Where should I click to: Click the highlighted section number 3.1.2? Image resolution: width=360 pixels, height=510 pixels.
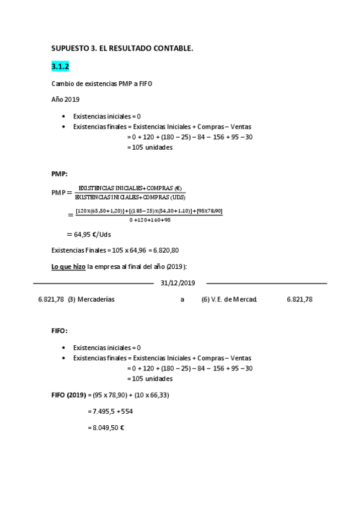pos(61,67)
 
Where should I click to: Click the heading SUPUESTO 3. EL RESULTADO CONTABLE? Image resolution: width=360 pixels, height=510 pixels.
pos(123,49)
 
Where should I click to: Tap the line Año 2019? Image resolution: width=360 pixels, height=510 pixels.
pos(66,99)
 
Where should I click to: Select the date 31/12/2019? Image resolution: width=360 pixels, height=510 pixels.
pos(178,283)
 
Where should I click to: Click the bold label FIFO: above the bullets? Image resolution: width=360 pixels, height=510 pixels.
pos(60,331)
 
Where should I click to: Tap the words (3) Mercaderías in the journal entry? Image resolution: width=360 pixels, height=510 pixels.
pos(91,299)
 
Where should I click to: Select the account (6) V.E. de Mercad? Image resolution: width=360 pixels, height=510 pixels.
pos(230,299)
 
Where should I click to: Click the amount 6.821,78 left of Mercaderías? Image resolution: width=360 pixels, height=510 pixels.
pos(50,299)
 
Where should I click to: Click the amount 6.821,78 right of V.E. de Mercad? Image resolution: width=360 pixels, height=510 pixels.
pos(299,299)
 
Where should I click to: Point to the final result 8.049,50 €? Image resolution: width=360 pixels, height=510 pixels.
pos(106,428)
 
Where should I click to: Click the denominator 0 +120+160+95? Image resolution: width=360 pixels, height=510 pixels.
pos(150,220)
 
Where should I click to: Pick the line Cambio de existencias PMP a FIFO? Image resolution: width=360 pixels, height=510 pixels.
pos(102,84)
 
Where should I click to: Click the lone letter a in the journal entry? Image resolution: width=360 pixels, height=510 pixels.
pos(182,299)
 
